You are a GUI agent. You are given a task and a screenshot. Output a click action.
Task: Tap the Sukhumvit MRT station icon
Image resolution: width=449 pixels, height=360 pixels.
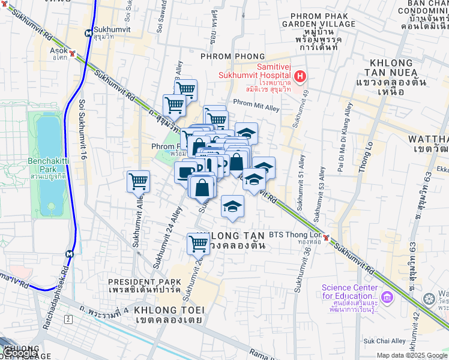coord(88,33)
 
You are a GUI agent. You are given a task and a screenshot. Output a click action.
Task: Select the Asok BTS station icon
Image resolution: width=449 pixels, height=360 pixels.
coord(73,53)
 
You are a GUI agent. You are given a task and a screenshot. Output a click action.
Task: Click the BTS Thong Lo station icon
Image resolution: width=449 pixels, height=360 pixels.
coord(326,238)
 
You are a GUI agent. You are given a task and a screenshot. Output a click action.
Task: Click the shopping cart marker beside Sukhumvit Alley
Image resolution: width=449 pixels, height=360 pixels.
coord(138,181)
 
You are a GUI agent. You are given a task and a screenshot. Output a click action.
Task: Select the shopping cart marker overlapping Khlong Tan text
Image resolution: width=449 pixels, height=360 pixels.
coord(198,244)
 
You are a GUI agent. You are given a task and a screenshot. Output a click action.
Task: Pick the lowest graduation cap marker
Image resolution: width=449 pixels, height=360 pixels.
coord(232,207)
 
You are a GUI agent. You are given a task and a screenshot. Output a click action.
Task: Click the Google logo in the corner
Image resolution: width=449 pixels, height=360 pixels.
coord(20,353)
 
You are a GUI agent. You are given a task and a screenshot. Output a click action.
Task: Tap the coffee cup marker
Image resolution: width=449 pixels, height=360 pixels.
coord(187,173)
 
